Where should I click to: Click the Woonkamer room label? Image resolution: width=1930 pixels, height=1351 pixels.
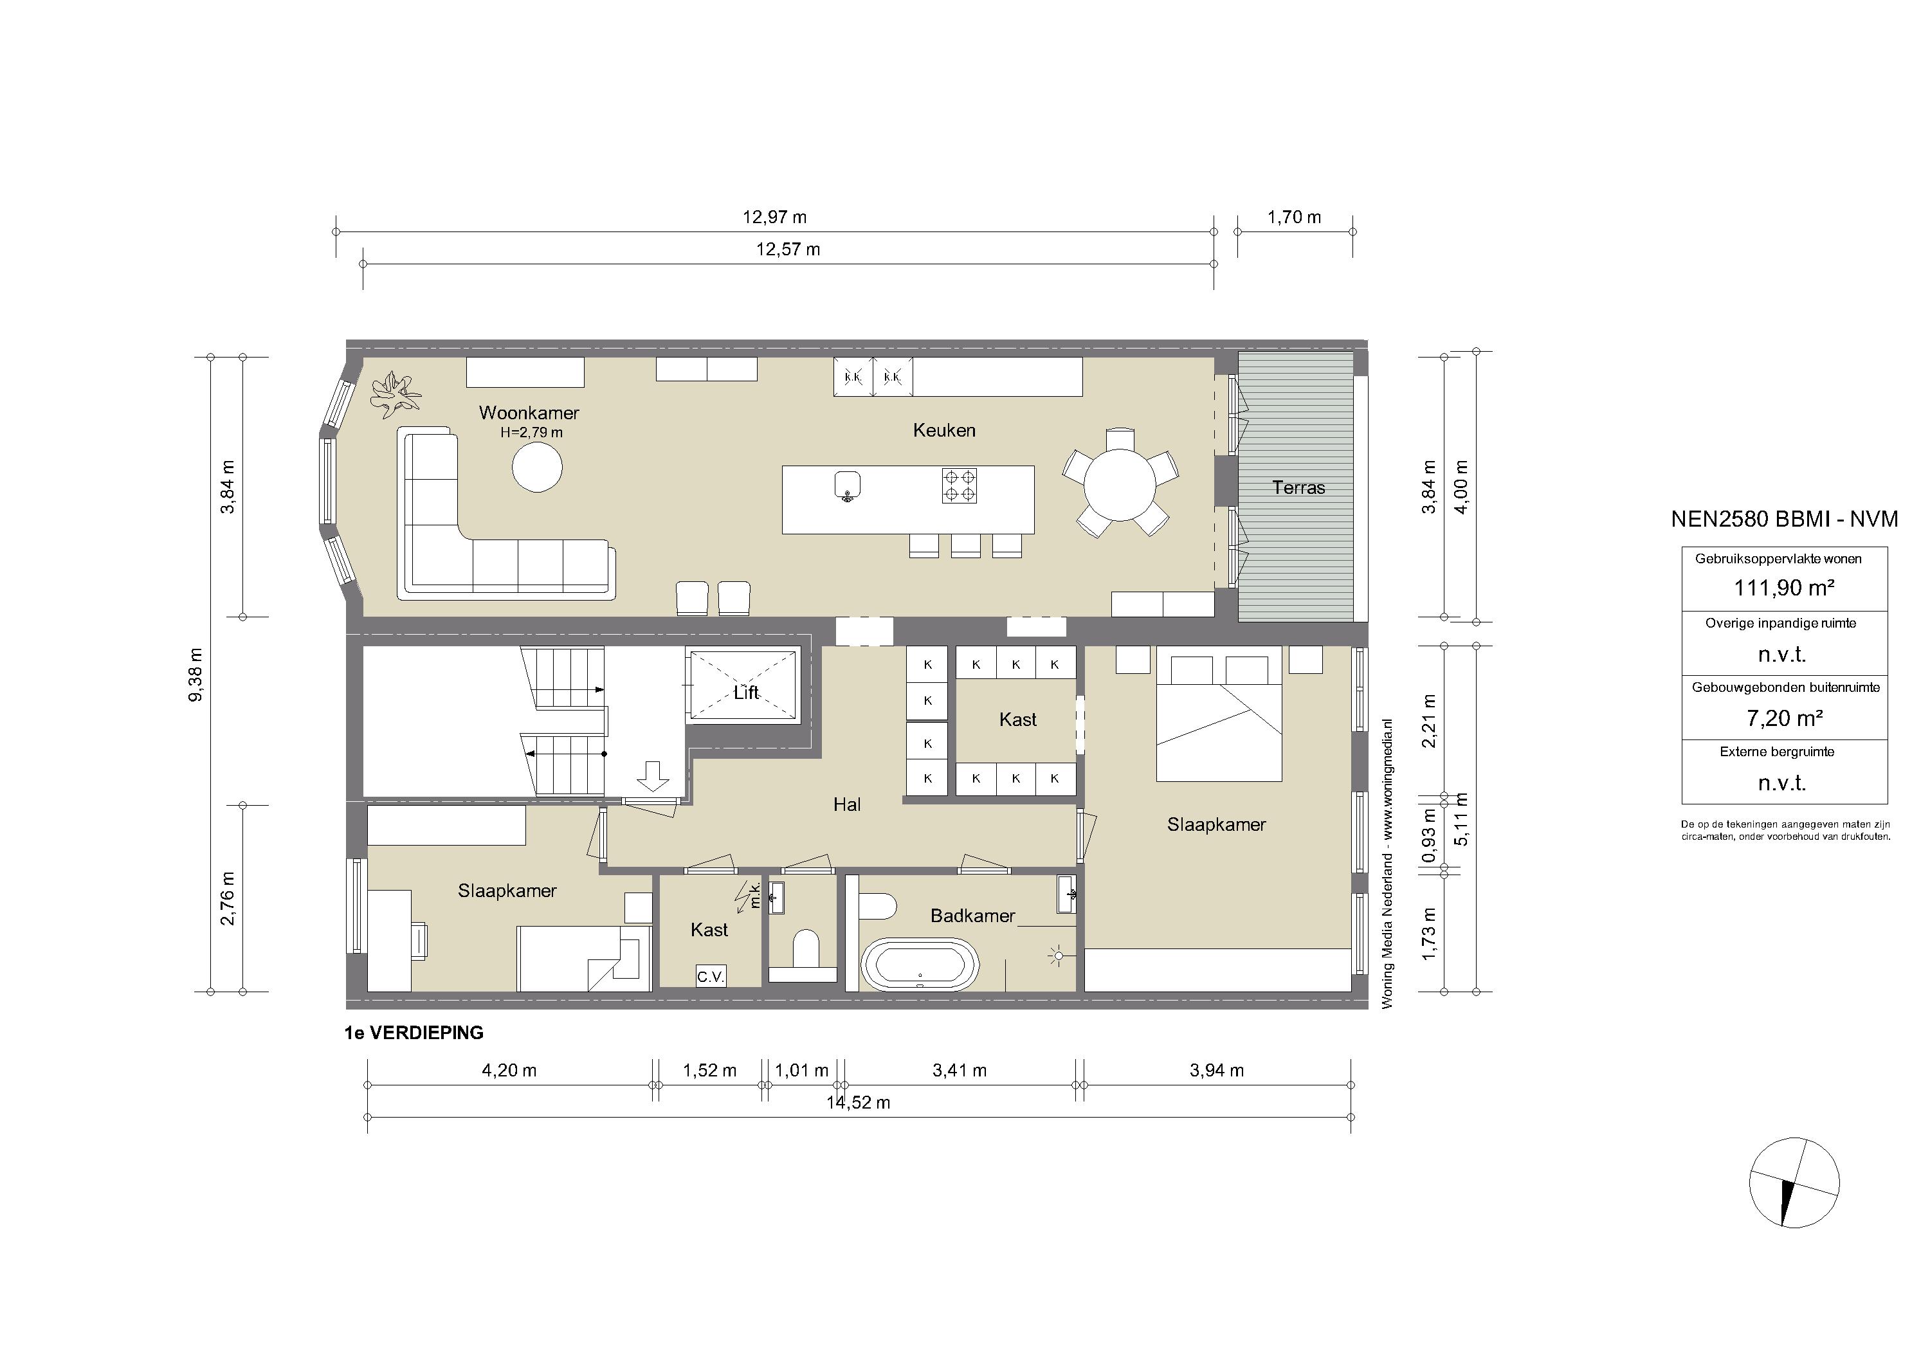click(529, 413)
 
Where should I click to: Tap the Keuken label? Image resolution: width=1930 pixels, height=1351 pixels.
click(944, 430)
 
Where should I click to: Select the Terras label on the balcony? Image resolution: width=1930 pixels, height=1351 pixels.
click(1298, 487)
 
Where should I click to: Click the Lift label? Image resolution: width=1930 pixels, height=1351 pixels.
click(745, 693)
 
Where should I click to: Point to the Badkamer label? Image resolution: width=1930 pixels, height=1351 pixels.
click(972, 916)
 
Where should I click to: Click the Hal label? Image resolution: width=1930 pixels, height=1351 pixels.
click(848, 804)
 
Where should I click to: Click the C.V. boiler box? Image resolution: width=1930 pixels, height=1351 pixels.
click(710, 976)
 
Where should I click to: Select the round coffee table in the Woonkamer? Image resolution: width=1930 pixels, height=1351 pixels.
click(537, 467)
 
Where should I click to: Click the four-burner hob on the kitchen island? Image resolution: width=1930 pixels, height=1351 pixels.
click(959, 485)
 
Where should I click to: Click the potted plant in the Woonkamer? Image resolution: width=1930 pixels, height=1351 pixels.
click(395, 394)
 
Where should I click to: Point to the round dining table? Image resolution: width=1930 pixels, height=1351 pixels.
click(1120, 485)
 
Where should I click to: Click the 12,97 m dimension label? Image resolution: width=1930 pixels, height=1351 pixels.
click(774, 217)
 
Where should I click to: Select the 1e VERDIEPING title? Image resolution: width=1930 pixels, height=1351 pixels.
click(414, 1033)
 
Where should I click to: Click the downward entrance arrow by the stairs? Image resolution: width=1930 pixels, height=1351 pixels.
click(652, 775)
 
